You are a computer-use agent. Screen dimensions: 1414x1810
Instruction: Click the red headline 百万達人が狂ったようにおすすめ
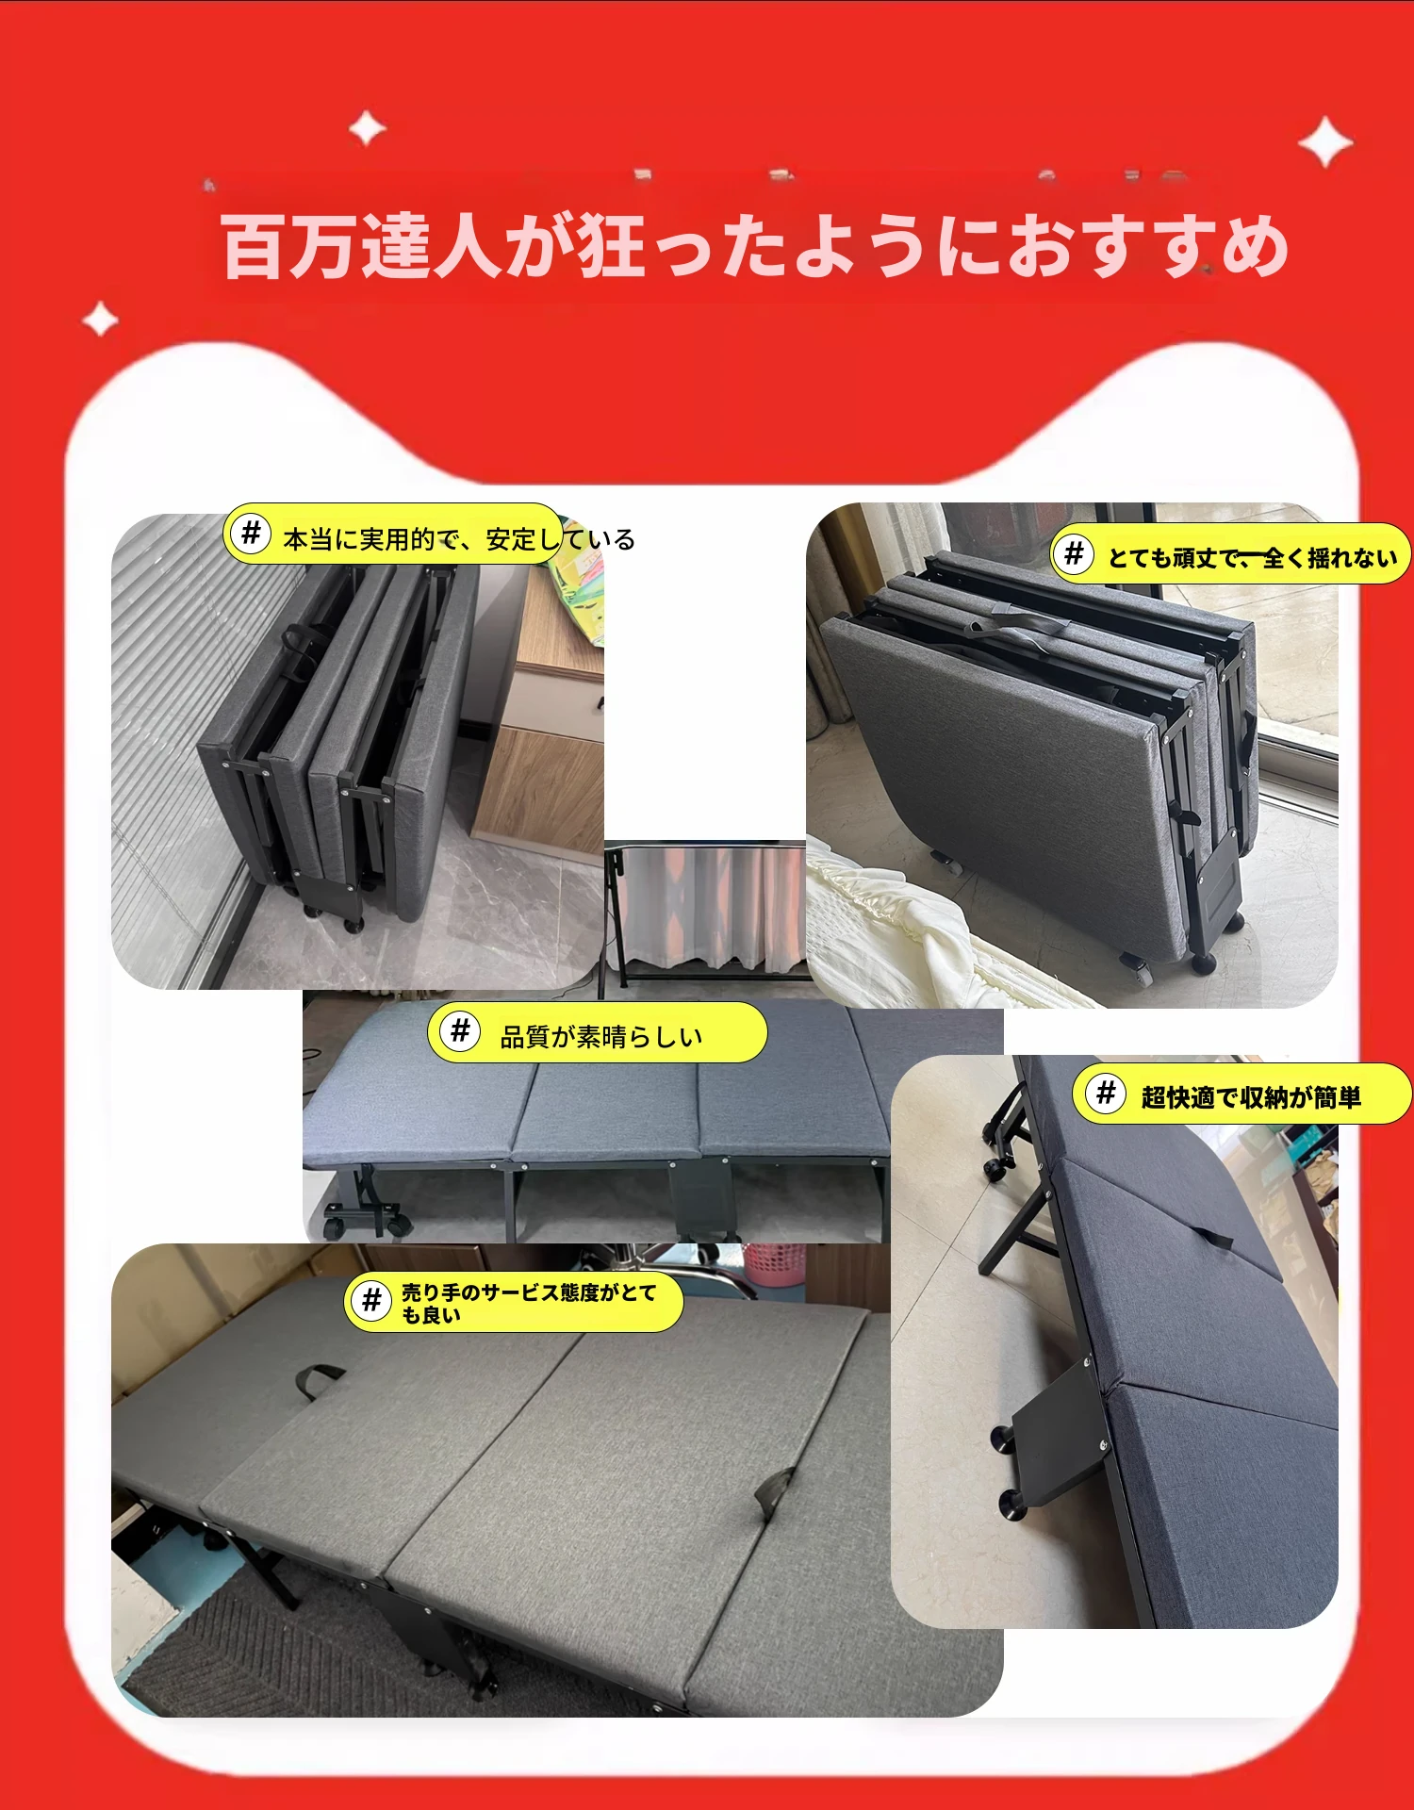tap(755, 246)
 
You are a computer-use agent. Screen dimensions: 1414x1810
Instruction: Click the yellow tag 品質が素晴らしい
tap(598, 1032)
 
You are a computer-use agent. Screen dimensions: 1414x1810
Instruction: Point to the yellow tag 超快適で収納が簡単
tap(1242, 1094)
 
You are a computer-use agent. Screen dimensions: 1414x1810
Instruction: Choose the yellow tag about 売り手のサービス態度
tap(514, 1302)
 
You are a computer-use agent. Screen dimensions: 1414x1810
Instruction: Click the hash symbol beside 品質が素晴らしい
tap(460, 1030)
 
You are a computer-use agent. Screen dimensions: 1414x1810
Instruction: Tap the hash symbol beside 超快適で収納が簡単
tap(1106, 1093)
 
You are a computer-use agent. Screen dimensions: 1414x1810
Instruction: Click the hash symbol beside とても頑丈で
tap(1074, 553)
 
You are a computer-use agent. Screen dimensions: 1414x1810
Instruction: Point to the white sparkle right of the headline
tap(1325, 142)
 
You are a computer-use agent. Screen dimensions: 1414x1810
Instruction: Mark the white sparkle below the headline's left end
tap(100, 320)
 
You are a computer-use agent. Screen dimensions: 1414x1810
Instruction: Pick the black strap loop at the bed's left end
tap(319, 1380)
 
